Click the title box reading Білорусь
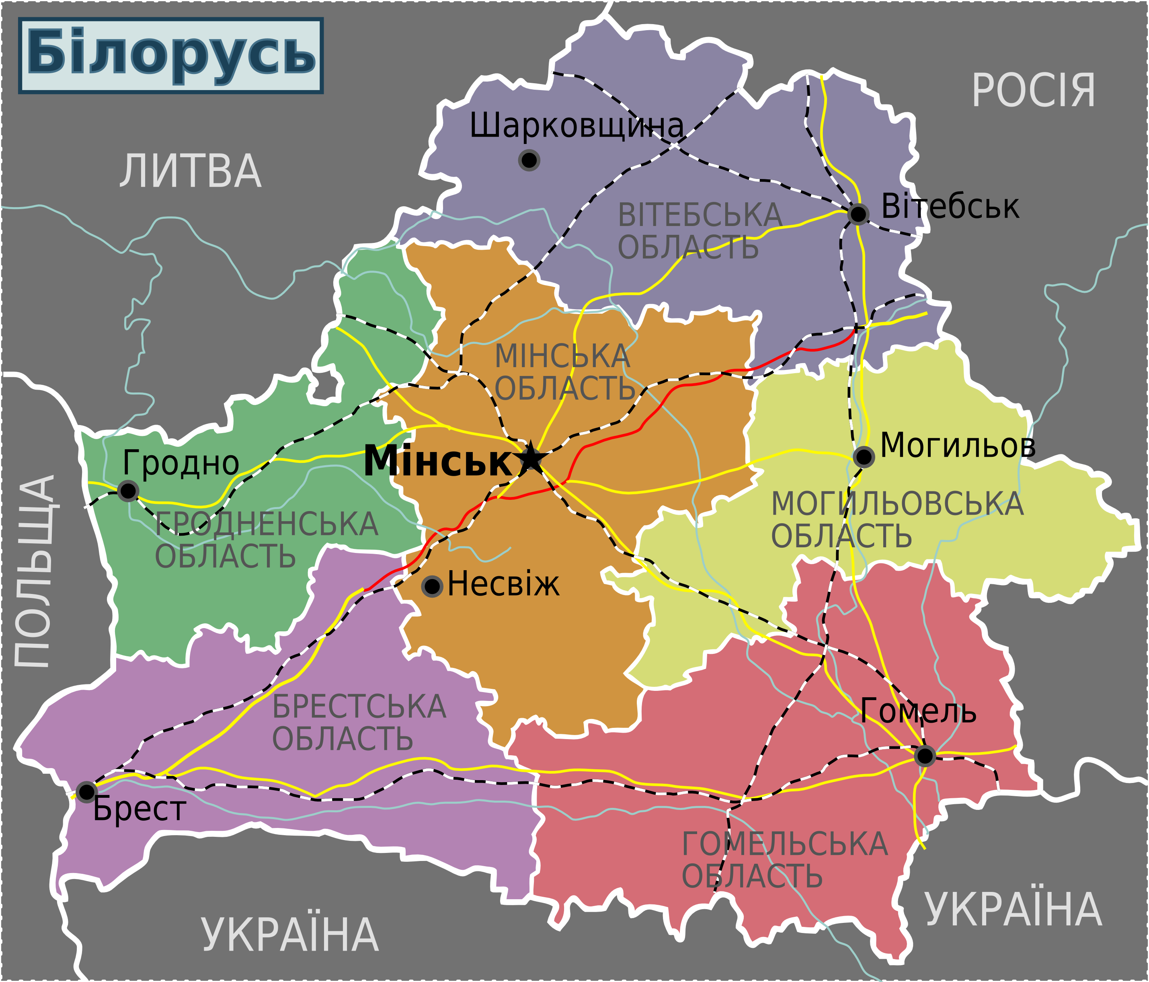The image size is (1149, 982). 171,55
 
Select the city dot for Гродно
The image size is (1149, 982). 128,491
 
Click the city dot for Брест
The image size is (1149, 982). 86,792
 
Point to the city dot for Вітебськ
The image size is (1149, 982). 858,214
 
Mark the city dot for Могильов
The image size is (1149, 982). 864,457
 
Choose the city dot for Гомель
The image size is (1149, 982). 924,756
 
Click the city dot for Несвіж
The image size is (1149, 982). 432,586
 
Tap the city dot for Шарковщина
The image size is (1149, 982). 529,160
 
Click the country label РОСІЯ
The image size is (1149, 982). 1034,90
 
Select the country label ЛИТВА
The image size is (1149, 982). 190,171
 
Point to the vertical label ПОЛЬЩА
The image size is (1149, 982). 35,571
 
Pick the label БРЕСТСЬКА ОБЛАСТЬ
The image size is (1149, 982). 358,722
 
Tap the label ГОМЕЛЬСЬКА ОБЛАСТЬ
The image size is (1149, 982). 784,860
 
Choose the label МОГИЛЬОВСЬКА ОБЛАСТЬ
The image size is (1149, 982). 896,520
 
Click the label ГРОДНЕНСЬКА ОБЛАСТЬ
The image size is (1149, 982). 266,540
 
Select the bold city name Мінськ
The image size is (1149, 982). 438,460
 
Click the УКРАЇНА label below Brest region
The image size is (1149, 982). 289,935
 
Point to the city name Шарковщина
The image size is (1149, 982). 577,126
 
